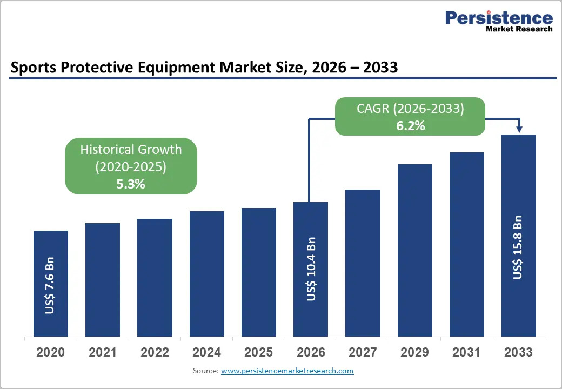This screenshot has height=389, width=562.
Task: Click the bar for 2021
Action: (x=103, y=280)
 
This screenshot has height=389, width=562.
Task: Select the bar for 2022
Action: (x=155, y=278)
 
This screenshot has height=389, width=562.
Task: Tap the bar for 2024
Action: (x=207, y=274)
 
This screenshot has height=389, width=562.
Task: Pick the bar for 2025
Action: (x=259, y=272)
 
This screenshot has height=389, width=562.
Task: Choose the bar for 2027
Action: (x=363, y=263)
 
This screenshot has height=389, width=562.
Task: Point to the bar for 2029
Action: (x=414, y=250)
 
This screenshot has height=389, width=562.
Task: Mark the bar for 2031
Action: (x=467, y=245)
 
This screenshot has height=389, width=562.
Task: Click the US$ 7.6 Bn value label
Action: (x=50, y=285)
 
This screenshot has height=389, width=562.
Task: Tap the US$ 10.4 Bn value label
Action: (x=311, y=269)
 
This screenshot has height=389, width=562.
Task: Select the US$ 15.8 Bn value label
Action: (x=517, y=247)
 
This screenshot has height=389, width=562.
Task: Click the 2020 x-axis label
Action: (x=51, y=352)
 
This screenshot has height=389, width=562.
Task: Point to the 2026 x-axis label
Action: (x=311, y=352)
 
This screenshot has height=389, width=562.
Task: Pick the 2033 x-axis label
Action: (x=518, y=352)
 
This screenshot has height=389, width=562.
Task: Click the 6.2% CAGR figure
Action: (x=410, y=126)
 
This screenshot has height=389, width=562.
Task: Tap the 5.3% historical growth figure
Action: (x=131, y=184)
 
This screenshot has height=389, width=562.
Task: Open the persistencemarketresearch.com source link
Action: (x=287, y=371)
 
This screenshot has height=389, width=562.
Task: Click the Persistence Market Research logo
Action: (x=499, y=21)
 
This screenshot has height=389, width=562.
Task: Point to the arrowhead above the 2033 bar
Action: (x=519, y=129)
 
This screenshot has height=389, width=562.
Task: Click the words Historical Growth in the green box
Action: (x=131, y=149)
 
